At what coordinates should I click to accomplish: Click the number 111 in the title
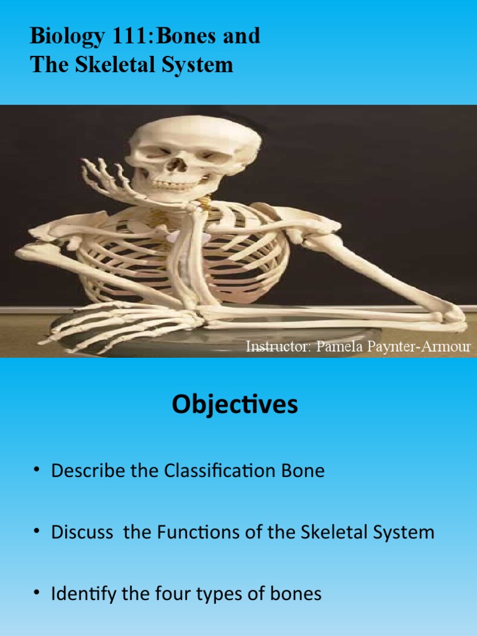(122, 37)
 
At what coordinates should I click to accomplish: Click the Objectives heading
(235, 405)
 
